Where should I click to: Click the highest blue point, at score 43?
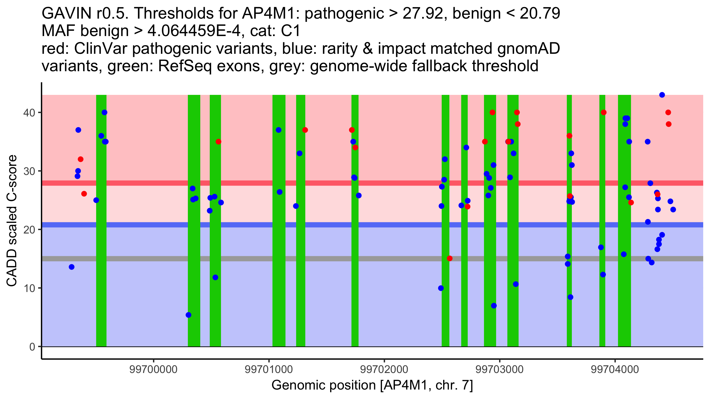point(662,95)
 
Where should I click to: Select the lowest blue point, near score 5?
point(188,315)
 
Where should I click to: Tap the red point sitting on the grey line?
point(450,258)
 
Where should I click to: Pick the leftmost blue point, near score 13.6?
point(72,267)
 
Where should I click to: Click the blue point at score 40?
point(104,112)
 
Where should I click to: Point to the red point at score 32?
point(80,159)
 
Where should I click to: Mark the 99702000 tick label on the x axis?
point(384,369)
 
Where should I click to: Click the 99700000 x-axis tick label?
point(154,369)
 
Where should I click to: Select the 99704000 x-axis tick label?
point(615,369)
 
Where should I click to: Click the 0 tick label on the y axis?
point(32,347)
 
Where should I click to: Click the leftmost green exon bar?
point(101,220)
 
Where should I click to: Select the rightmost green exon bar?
point(625,220)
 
